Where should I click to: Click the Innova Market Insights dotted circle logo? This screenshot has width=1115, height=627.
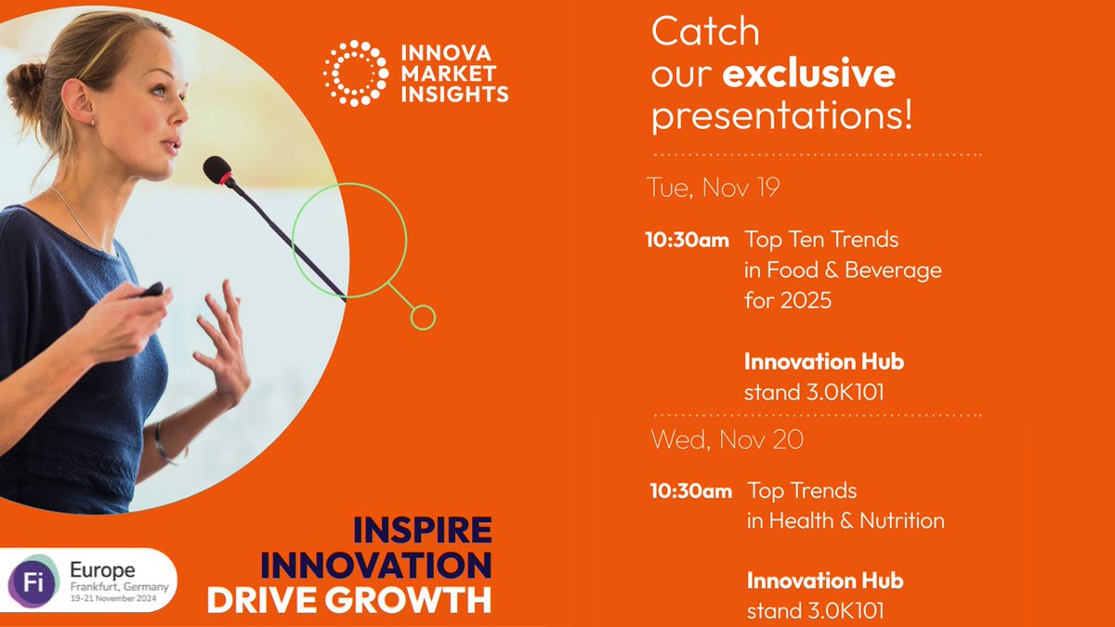point(355,73)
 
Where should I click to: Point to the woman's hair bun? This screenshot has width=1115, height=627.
point(24,87)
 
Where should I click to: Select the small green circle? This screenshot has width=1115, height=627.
point(423,318)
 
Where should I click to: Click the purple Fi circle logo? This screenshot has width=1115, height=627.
point(33,582)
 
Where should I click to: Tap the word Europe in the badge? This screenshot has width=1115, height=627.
point(102,570)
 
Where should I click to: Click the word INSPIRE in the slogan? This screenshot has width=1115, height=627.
point(423,530)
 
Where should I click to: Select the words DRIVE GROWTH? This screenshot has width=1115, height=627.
point(349,600)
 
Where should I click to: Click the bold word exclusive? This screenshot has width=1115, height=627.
point(809,73)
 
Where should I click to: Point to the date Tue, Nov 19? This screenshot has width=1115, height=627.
point(713,187)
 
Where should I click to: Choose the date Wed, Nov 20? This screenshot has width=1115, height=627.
point(728,439)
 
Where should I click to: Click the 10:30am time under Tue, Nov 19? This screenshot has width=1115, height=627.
point(687,240)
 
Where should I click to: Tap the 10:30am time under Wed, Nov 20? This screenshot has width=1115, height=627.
point(691,491)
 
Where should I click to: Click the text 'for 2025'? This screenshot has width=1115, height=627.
point(788,300)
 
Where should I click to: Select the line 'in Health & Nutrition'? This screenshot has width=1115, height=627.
point(846,521)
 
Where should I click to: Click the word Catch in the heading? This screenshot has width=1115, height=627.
point(705,32)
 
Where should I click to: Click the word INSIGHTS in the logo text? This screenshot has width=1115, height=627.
point(455,94)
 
